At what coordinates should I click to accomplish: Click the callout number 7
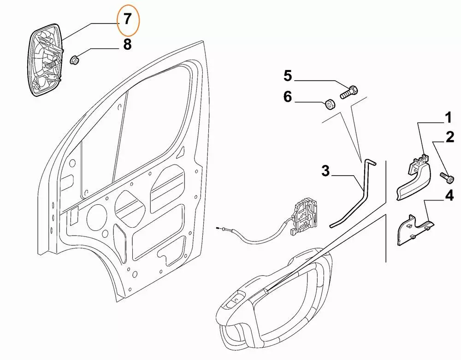click(127, 19)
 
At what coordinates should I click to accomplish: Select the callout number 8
click(127, 45)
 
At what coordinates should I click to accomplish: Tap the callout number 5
click(288, 75)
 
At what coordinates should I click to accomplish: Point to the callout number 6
click(288, 97)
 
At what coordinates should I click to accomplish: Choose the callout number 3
click(326, 172)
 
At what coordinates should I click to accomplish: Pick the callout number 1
click(448, 118)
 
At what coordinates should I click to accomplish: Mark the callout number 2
click(449, 137)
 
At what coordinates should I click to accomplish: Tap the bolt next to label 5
click(349, 92)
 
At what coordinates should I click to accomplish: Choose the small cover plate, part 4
click(413, 230)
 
